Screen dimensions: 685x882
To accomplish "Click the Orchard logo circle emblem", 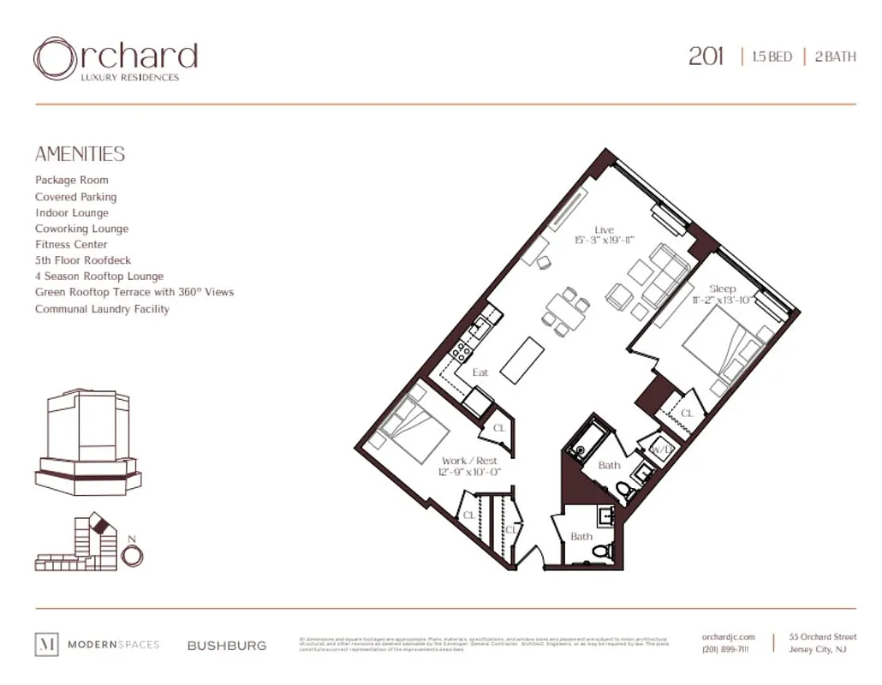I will point(55,58).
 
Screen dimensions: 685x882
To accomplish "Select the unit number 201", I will point(706,57).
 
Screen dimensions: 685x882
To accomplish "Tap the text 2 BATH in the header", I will point(834,57).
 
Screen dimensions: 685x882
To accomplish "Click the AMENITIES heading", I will point(80,154).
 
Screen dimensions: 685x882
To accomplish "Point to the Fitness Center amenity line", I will point(71,244).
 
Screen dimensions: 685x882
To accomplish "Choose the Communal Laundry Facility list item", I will point(102,308).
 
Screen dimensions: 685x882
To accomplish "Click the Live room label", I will point(605,229).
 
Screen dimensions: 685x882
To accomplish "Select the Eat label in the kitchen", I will point(480,372).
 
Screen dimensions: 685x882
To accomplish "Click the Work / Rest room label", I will point(468,461).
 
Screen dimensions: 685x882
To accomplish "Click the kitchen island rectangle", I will point(523,360).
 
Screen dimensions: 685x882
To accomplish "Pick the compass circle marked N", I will point(132,555).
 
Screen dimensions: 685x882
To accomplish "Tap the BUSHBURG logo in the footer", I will point(227,646).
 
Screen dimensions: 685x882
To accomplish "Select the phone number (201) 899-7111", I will point(726,650).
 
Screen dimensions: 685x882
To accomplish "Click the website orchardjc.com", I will point(728,637).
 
